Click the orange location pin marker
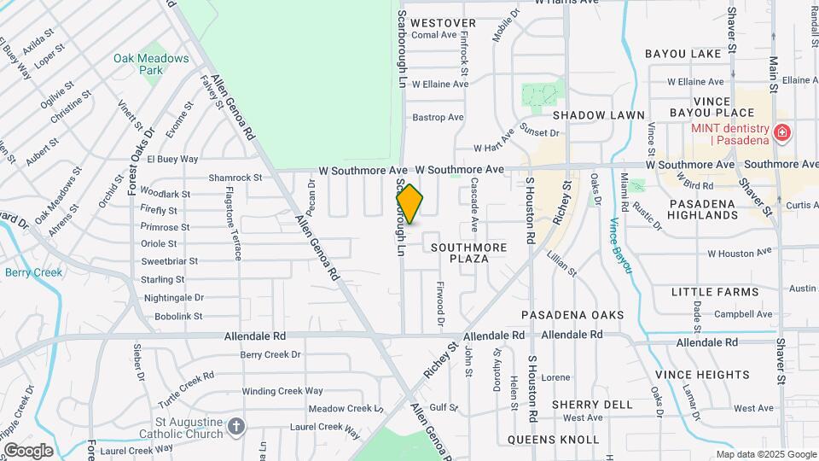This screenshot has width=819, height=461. coord(409,204)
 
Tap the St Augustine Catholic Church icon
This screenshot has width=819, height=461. coord(237,424)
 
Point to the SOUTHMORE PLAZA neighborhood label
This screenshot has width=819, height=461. coord(468,253)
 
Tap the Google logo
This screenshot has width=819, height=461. coord(28,450)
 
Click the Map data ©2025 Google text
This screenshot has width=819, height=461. coord(765,454)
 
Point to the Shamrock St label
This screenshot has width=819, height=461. coord(235,178)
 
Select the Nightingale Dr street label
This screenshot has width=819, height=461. coord(174,298)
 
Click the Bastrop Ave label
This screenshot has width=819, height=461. coord(438,117)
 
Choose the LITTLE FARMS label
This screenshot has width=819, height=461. coord(714,292)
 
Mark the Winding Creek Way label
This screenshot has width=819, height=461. coord(282,391)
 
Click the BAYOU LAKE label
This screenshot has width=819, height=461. coord(683,54)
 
